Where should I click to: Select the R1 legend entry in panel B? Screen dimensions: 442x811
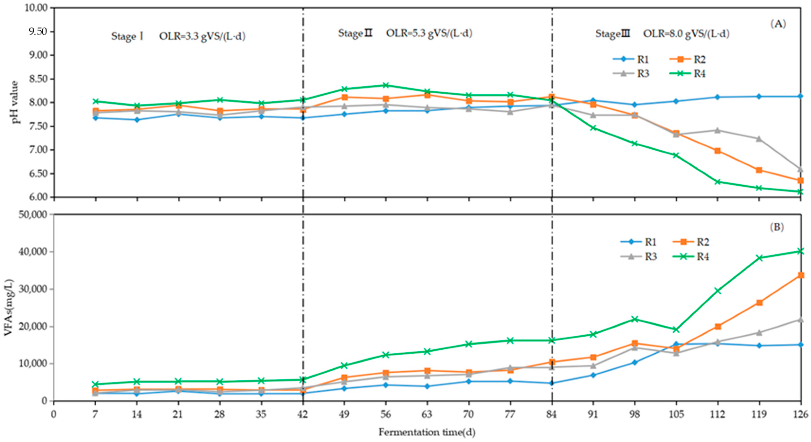tap(642, 242)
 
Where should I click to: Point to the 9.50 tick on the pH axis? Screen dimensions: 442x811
tap(36, 32)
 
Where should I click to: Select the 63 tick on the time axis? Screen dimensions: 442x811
tap(427, 414)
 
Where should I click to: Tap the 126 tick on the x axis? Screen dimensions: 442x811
tap(801, 414)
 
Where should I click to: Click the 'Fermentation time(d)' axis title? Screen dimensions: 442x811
tap(427, 432)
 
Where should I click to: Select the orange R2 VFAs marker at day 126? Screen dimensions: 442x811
tap(801, 275)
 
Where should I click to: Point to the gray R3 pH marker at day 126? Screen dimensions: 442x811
tap(801, 169)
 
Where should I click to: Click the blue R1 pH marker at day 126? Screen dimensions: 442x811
tap(801, 96)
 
